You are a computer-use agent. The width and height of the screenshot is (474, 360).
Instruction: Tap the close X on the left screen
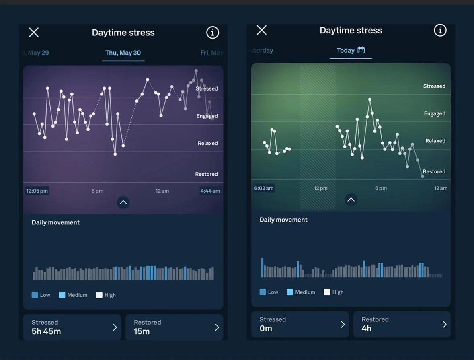coord(34,33)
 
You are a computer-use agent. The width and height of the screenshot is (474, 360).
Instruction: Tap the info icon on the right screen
coord(440,30)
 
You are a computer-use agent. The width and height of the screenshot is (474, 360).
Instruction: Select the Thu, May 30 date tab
coord(123,53)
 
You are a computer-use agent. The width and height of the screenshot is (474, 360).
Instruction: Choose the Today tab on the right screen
coord(346,50)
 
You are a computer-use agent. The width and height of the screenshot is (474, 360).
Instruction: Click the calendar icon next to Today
coord(361,50)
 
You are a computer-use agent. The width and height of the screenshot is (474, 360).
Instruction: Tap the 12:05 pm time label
coord(37,191)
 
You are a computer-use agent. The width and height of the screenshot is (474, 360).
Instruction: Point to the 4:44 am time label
coord(210,191)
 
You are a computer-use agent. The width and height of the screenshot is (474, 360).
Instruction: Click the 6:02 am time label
coord(264,188)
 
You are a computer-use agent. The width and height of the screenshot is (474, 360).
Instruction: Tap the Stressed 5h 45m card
coord(72,327)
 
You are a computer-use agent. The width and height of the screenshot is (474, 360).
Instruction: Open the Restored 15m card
coord(174,327)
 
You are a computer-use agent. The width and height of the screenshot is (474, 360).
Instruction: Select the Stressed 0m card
coord(300,324)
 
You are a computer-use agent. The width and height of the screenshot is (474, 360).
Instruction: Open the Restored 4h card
coord(402,324)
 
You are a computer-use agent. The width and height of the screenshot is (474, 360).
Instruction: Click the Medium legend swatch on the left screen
coord(62,295)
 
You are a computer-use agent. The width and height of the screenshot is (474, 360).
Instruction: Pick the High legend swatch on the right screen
coord(327,292)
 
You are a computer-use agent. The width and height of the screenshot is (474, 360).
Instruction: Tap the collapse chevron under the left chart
coord(123,202)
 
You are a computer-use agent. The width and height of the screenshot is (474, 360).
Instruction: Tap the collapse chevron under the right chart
coord(351,200)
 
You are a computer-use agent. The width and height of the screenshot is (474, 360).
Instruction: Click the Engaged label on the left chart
coord(207,116)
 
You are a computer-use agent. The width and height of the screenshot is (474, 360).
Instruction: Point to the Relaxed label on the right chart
coord(435,141)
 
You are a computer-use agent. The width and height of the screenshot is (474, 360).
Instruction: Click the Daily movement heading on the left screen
coord(55,222)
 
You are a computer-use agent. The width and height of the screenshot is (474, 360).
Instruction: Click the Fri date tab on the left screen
coord(211,53)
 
